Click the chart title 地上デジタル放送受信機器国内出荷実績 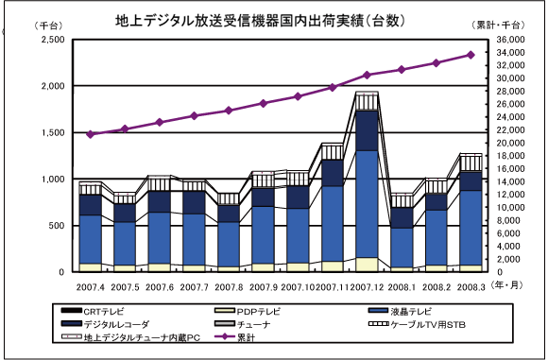[239, 21]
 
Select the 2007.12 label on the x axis [367, 287]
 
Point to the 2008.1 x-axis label [402, 287]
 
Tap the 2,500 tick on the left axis [53, 40]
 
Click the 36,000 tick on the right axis [510, 40]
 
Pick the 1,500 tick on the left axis [53, 133]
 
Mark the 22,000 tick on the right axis [510, 130]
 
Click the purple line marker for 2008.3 [471, 55]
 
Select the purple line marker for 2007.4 [91, 134]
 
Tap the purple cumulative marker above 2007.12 [367, 76]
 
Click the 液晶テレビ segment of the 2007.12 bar [367, 204]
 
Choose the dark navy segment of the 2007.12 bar [367, 131]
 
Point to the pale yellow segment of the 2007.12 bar [367, 265]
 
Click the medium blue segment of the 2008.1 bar [402, 248]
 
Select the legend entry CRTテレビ [93, 311]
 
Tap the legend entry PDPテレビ [248, 311]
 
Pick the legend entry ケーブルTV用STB [417, 324]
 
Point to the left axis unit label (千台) [48, 26]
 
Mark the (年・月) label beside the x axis [506, 285]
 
